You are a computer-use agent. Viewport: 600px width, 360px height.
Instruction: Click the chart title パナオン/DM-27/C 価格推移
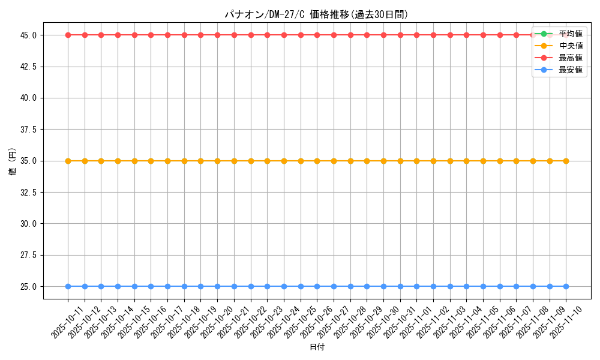(x=316, y=14)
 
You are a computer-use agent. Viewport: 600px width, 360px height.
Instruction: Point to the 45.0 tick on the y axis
(x=28, y=35)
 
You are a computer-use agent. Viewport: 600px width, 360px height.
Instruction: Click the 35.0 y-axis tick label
(x=28, y=161)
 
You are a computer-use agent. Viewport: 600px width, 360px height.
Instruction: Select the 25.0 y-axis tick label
(x=28, y=286)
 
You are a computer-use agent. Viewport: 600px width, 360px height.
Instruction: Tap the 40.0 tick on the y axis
(x=28, y=98)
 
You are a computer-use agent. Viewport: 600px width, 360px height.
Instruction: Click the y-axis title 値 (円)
(x=11, y=161)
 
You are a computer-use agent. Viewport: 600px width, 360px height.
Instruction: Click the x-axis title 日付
(x=317, y=347)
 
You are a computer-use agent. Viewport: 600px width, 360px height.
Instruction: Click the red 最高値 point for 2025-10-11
(x=68, y=35)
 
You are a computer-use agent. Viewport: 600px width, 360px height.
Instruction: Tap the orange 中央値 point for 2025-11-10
(x=566, y=161)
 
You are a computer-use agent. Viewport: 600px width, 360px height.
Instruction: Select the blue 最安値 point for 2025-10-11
(x=68, y=286)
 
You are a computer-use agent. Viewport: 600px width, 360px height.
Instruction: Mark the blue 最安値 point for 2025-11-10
(x=566, y=286)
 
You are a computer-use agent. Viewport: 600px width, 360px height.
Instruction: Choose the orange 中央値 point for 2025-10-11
(x=68, y=161)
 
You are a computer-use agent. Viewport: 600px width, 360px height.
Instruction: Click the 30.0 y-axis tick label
(x=28, y=223)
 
